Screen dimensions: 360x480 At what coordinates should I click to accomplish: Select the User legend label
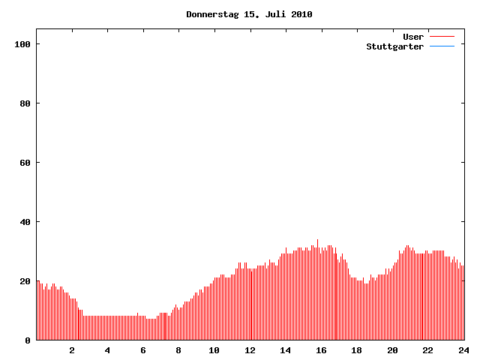(413, 37)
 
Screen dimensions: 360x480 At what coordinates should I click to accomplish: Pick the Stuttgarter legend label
(394, 46)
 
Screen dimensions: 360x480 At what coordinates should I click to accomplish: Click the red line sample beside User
(442, 37)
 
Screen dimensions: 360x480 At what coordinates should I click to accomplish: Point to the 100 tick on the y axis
(22, 44)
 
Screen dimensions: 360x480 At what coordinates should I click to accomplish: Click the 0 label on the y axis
(28, 340)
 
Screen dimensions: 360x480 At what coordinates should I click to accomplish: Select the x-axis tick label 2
(72, 350)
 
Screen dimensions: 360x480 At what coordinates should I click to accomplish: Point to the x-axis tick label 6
(143, 350)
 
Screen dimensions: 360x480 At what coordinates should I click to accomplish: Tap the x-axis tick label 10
(214, 350)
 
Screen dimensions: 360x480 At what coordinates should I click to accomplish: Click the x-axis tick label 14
(286, 350)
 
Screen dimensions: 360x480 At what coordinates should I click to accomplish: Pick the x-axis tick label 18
(357, 350)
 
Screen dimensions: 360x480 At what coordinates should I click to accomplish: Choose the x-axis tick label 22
(428, 350)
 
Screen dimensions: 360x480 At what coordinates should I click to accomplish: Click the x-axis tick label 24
(463, 350)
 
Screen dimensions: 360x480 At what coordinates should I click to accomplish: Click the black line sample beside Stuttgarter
(442, 46)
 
